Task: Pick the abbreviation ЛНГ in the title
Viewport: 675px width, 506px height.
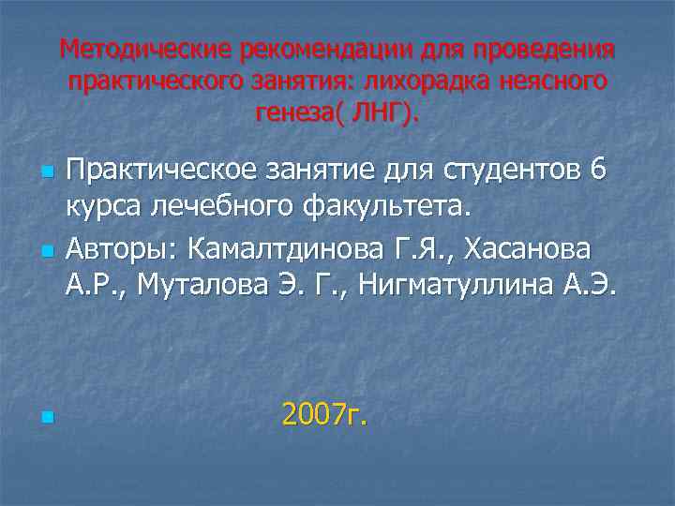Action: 379,114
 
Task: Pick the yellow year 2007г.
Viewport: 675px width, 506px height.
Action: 324,413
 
